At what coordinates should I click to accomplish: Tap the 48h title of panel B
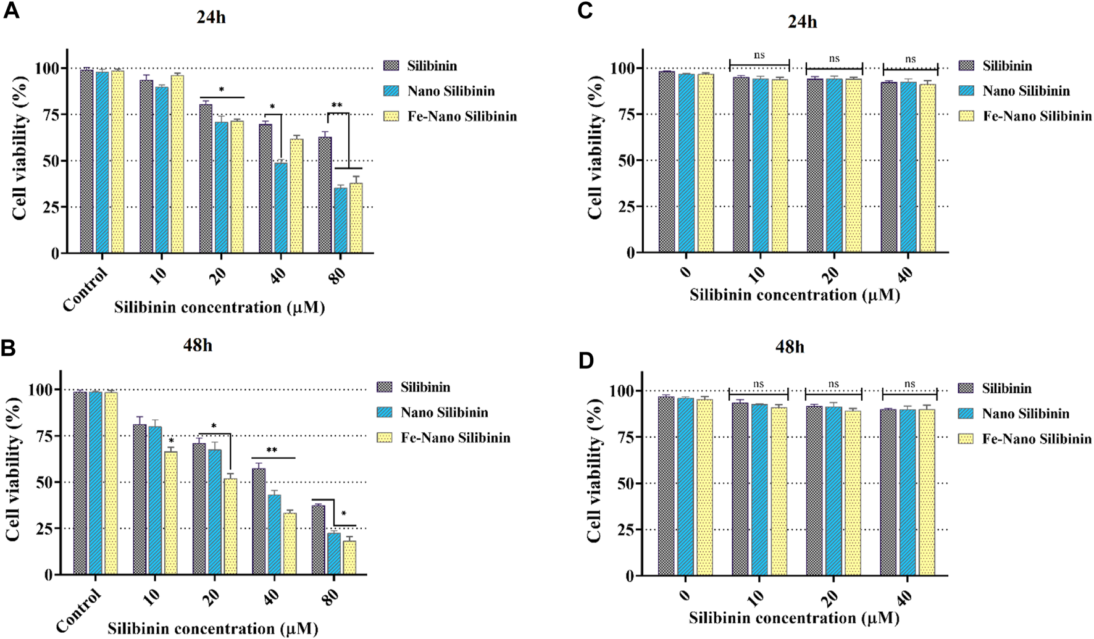198,345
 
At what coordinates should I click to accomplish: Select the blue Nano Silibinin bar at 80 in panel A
340,220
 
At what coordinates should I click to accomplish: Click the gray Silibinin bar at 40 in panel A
265,188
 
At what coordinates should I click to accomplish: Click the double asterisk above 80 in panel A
336,106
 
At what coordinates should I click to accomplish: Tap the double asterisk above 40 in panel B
271,450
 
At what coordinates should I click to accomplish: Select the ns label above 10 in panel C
759,56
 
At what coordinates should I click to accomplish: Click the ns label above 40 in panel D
909,384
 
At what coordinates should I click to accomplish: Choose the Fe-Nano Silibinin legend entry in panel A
462,116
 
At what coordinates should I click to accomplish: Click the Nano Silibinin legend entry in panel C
1026,91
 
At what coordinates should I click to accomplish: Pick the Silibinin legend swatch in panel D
966,388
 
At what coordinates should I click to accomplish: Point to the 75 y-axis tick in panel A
52,115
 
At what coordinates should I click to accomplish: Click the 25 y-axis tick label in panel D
627,530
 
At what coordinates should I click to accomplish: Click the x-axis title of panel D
794,618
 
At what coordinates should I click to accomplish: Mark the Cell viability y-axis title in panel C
595,148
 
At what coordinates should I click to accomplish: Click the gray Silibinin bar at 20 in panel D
814,491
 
